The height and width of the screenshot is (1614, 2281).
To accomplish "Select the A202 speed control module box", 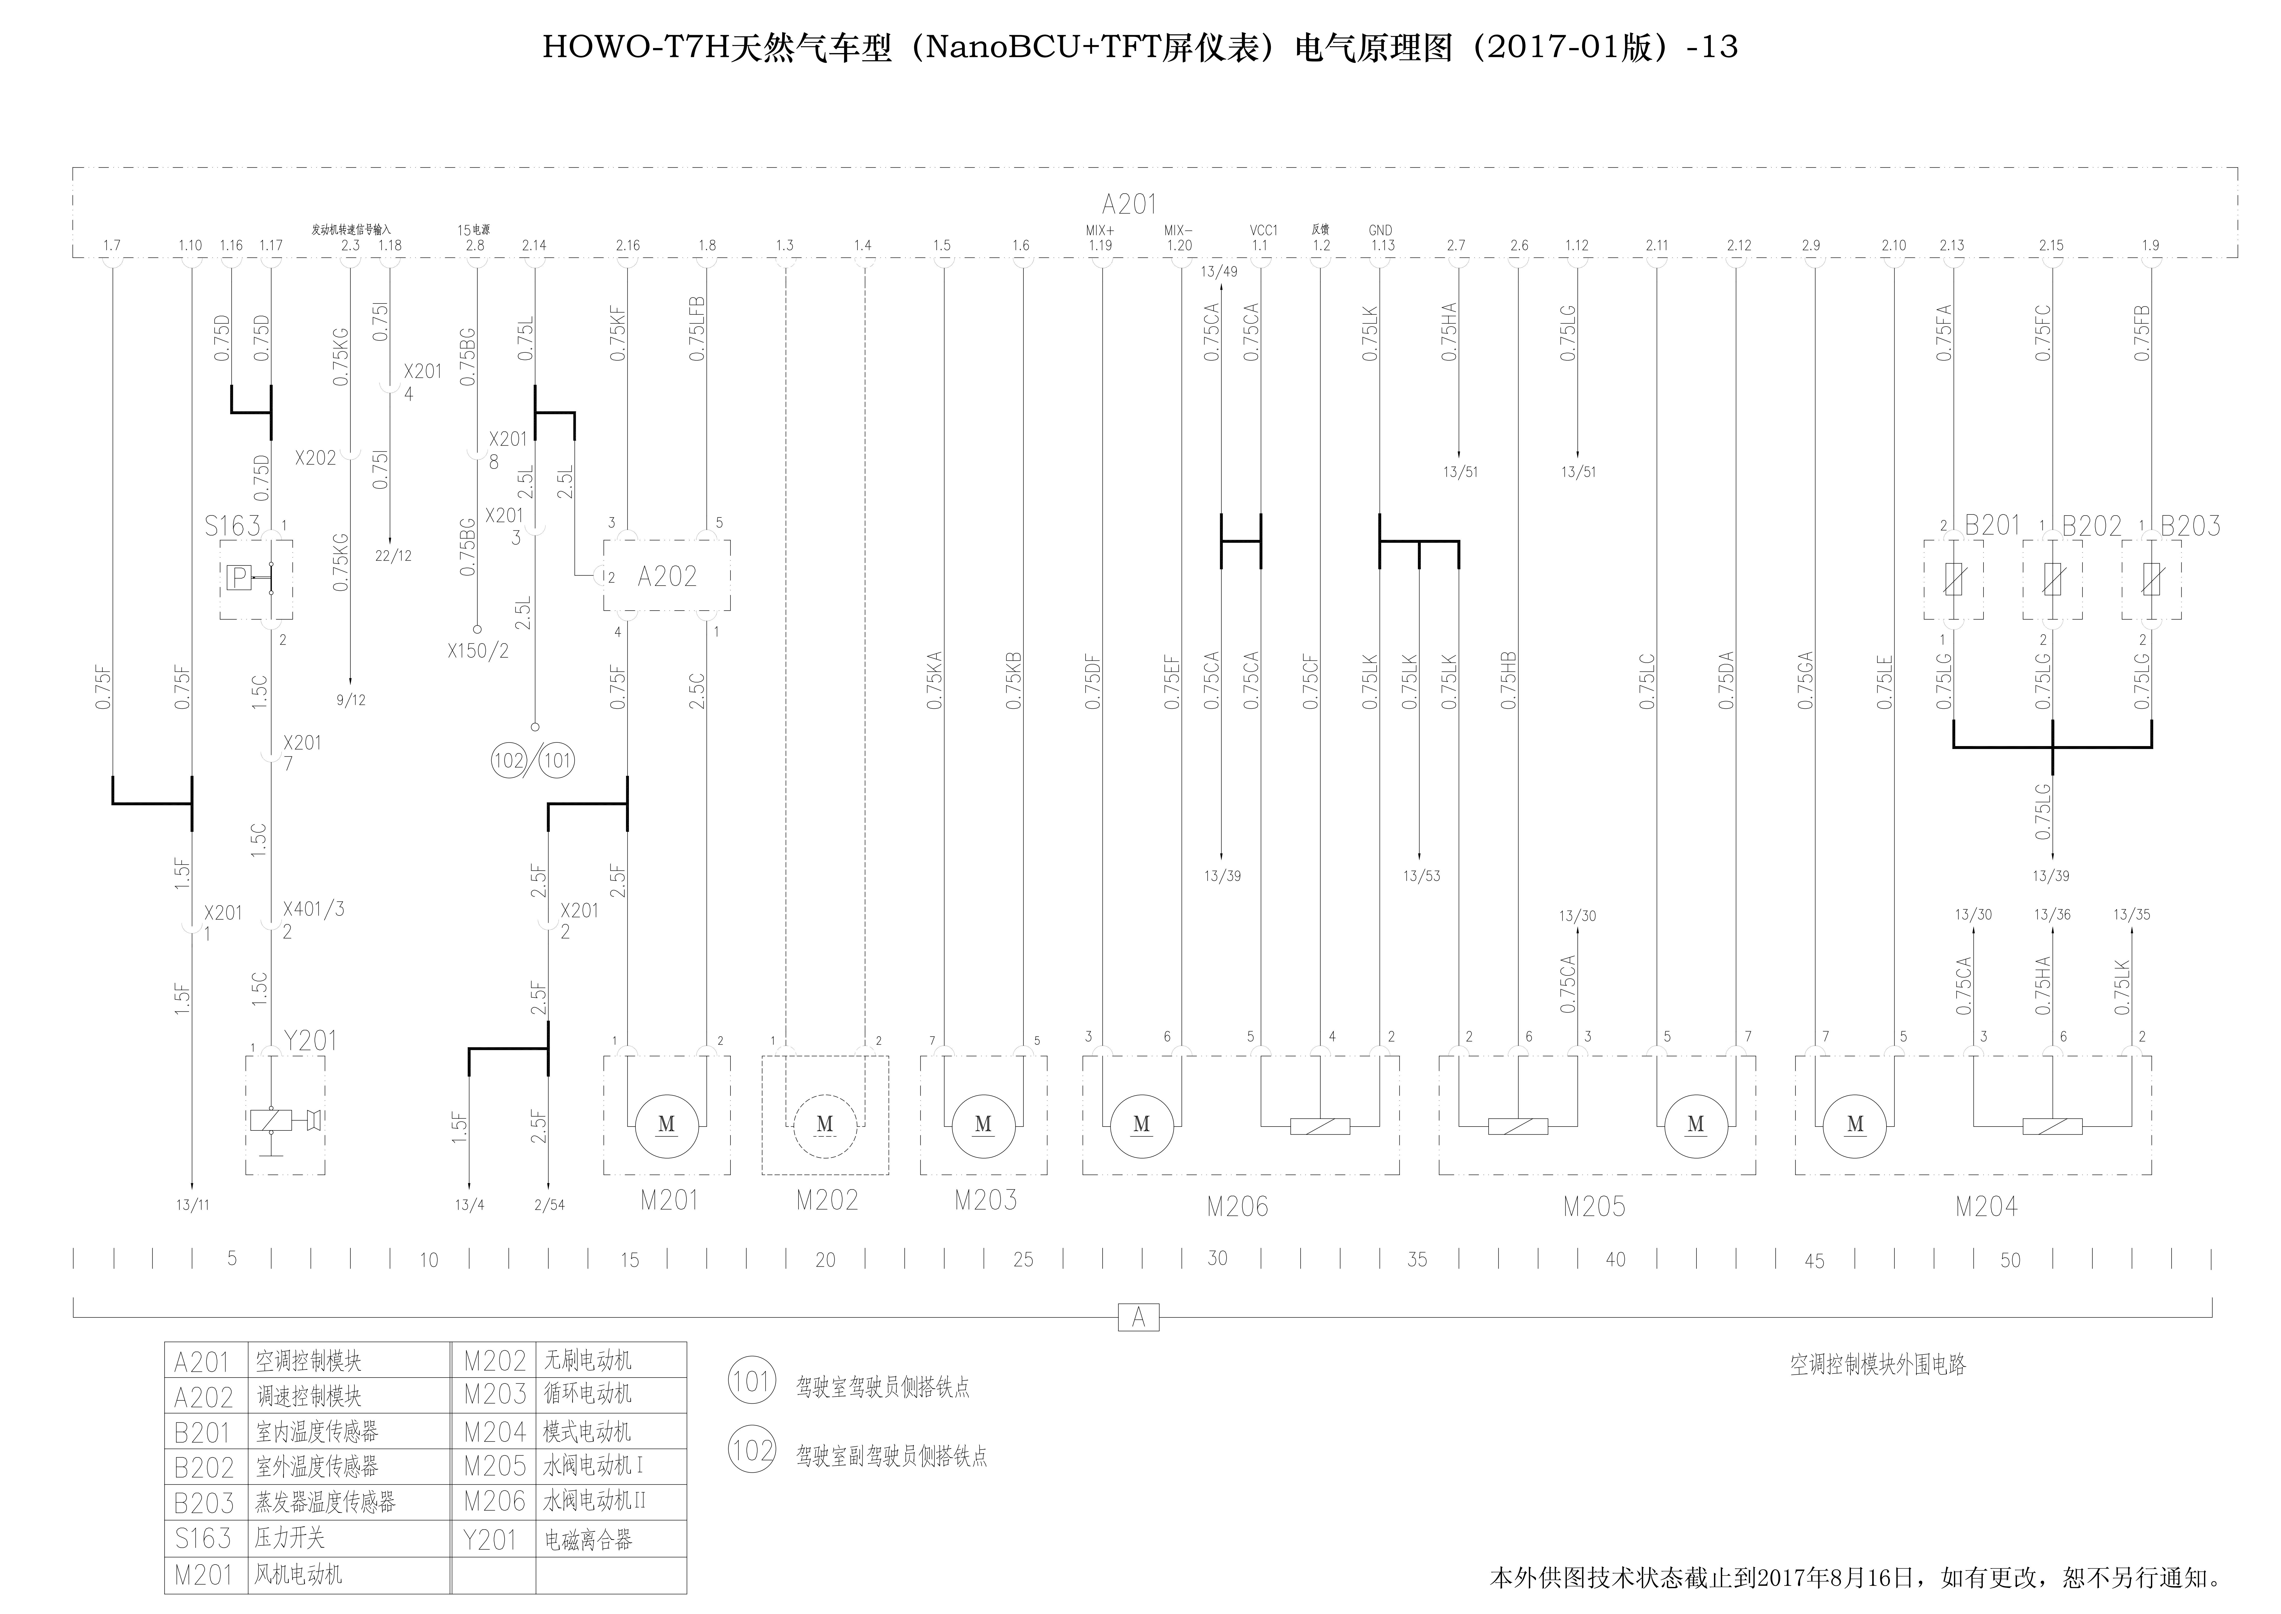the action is coord(667,576).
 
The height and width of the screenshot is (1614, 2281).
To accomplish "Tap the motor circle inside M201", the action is coord(667,1125).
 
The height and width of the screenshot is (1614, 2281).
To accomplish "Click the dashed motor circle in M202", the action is coord(825,1125).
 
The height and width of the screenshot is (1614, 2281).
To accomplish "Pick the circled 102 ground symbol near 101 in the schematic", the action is coord(509,761).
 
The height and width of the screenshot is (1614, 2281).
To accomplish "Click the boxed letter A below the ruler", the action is coord(1138,1318).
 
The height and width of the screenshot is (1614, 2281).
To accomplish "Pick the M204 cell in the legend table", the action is coord(494,1432).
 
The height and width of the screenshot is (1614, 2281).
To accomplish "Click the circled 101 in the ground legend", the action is coord(751,1381).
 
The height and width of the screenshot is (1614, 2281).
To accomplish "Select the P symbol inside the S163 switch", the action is coord(239,577).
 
